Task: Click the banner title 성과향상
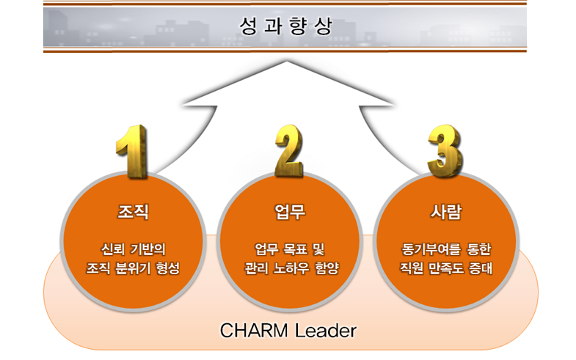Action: [x=285, y=26]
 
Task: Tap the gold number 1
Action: [x=133, y=152]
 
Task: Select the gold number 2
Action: [x=289, y=150]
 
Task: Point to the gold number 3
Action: [x=445, y=151]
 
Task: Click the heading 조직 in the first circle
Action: [x=133, y=212]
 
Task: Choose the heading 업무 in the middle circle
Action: [x=290, y=212]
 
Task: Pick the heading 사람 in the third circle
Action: [x=446, y=212]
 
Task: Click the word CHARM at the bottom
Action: [x=254, y=330]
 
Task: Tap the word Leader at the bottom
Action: [x=326, y=330]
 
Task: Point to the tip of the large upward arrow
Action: [x=286, y=62]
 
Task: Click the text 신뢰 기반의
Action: [x=133, y=249]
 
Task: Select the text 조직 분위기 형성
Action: [x=133, y=268]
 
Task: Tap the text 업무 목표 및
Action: [x=290, y=249]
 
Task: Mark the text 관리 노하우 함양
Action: [x=292, y=268]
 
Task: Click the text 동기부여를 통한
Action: [x=446, y=249]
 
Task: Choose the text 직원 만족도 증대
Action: [x=446, y=268]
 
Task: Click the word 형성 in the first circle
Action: [x=168, y=268]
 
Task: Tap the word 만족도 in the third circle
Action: [x=446, y=268]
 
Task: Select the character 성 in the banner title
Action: [x=248, y=26]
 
